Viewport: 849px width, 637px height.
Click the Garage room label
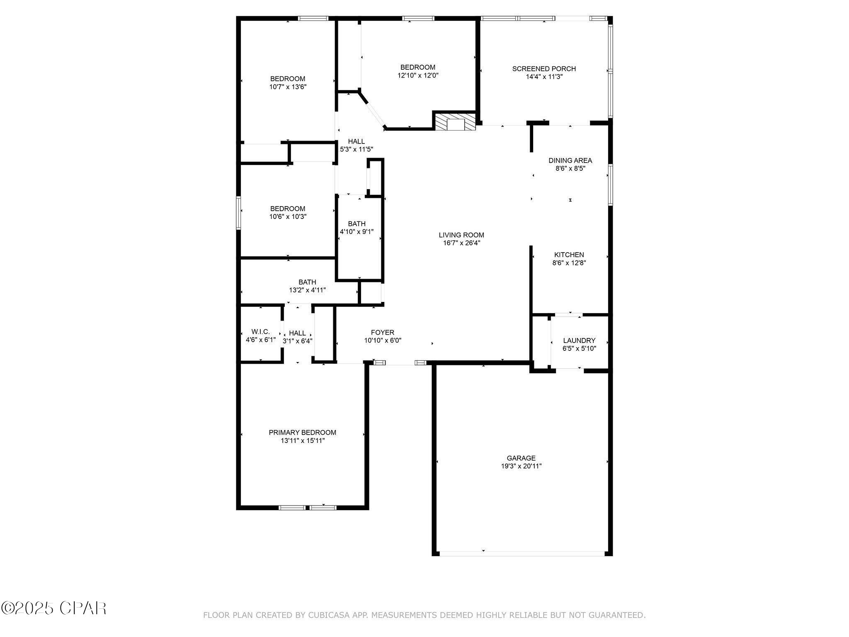click(x=521, y=458)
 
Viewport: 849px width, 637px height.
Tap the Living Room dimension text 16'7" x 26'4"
click(x=461, y=243)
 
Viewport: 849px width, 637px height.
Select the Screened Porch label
click(x=544, y=69)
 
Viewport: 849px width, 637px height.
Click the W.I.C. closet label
click(x=261, y=332)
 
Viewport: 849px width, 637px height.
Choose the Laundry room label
click(x=579, y=340)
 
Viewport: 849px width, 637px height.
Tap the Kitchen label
click(x=569, y=255)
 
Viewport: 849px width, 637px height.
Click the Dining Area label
click(x=570, y=160)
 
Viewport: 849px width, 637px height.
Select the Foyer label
click(x=383, y=333)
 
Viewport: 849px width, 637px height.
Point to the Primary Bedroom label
click(x=303, y=433)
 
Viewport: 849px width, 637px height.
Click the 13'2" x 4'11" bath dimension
click(x=308, y=290)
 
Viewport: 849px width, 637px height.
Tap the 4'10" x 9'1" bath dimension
click(x=357, y=232)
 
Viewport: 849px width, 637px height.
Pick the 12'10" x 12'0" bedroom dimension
click(x=418, y=75)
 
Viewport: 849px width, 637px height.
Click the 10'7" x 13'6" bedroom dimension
click(x=288, y=87)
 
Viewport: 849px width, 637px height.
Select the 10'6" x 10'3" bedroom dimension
click(x=288, y=216)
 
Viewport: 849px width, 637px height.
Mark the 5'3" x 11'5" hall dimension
click(x=357, y=149)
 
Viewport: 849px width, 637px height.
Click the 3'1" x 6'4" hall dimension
click(x=297, y=341)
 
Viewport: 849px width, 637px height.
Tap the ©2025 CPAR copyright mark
click(x=53, y=608)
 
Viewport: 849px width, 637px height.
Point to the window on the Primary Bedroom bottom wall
click(x=308, y=507)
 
